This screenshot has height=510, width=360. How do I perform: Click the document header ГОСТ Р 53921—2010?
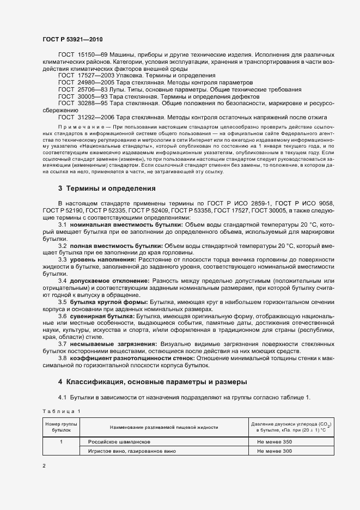(x=72, y=40)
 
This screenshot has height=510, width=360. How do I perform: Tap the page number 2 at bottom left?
(x=44, y=466)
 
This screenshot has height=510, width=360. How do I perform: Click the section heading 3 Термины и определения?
(x=107, y=189)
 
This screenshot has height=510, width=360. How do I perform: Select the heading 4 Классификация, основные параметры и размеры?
(x=152, y=381)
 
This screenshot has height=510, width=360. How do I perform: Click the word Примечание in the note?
(x=76, y=125)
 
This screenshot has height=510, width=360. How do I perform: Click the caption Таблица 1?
(x=60, y=410)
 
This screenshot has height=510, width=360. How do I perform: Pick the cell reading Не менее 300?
(x=274, y=451)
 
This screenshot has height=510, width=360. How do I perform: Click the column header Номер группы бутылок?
(x=61, y=427)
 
